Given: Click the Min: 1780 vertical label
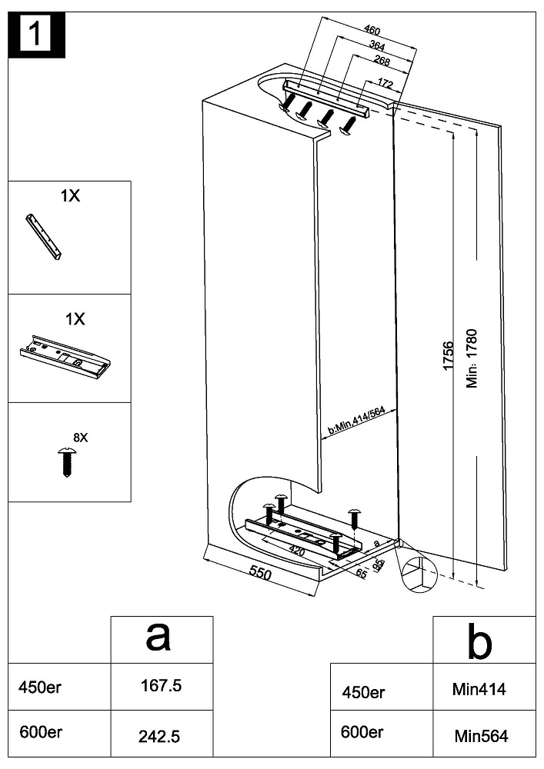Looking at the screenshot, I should click(472, 358).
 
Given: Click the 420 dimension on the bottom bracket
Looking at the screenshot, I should click(296, 551).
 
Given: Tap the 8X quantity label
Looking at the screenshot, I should click(80, 438).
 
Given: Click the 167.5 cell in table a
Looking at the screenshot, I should click(161, 686).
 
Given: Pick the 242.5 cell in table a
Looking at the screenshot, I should click(159, 736).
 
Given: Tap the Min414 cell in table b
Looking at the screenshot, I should click(480, 690).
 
